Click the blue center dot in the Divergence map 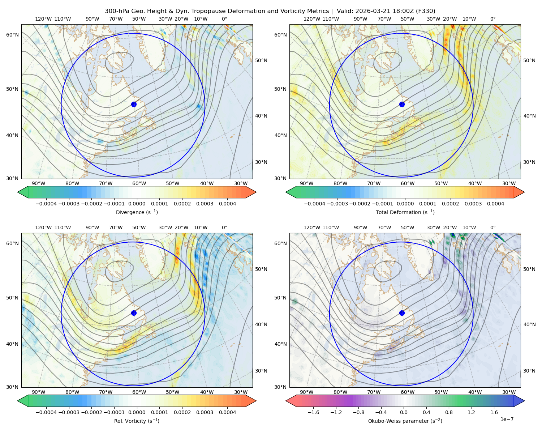coord(134,105)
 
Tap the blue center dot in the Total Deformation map coord(402,105)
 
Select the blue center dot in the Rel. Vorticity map coord(134,313)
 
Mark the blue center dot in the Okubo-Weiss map coord(402,313)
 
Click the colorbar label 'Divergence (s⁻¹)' coord(137,212)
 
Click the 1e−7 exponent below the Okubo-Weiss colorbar coord(507,419)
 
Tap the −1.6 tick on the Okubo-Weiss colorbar coord(313,412)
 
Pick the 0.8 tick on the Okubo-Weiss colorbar coord(449,412)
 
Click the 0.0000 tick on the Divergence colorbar coord(137,204)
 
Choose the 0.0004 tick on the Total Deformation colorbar coord(495,204)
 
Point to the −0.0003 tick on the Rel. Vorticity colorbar coord(69,412)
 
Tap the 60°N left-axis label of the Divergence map coord(12,35)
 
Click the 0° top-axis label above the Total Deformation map coord(492,19)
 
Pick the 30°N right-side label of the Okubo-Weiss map coord(529,371)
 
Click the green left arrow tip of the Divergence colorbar coord(18,192)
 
